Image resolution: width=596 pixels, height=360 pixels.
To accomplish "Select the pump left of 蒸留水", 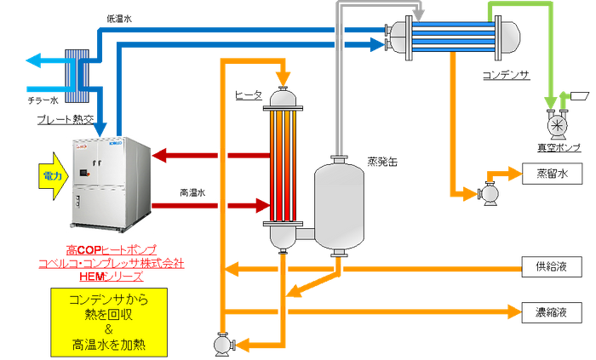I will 490,193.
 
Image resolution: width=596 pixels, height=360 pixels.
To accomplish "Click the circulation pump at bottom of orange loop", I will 223,344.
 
